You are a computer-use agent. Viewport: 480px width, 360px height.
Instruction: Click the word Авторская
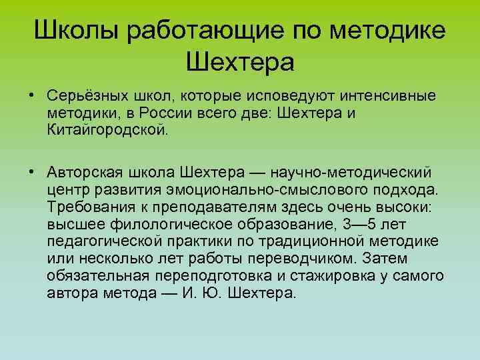(x=82, y=173)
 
